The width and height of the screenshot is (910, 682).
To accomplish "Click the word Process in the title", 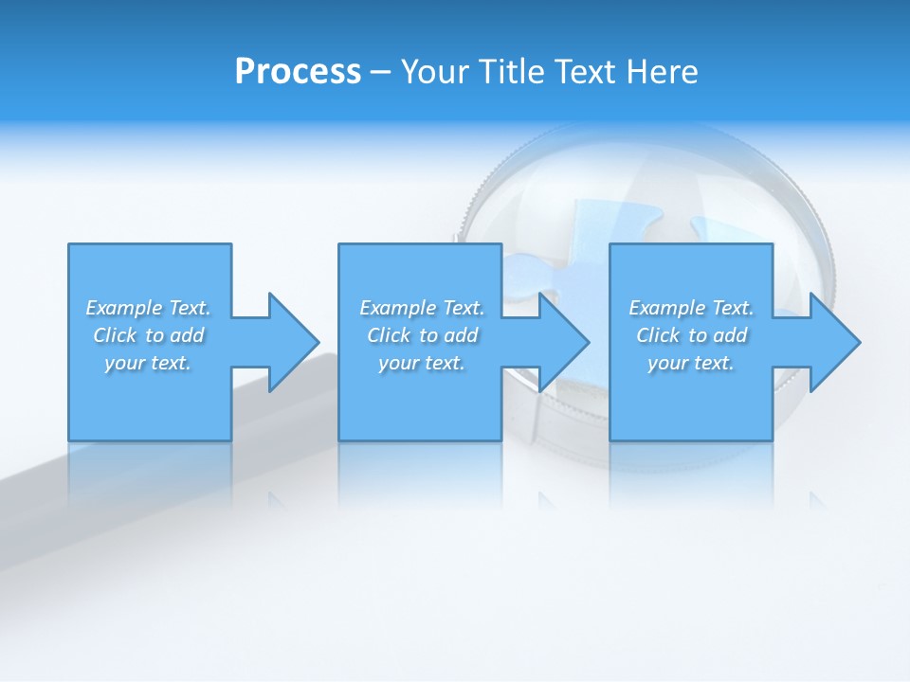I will click(x=298, y=72).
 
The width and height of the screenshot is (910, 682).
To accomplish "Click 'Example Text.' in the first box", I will click(x=148, y=308).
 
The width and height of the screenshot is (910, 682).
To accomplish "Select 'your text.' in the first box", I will click(x=148, y=363).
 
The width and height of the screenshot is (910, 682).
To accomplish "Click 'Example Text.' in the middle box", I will click(x=422, y=308).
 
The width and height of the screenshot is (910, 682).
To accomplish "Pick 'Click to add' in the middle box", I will click(x=422, y=335).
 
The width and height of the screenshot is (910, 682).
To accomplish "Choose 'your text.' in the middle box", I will click(x=422, y=363).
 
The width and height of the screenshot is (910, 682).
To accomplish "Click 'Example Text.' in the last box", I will click(x=691, y=308).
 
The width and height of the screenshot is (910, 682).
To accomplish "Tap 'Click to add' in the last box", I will click(x=691, y=335).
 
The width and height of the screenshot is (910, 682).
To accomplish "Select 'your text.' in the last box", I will click(x=691, y=363).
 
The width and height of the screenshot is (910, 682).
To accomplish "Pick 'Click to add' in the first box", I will click(x=148, y=335).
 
